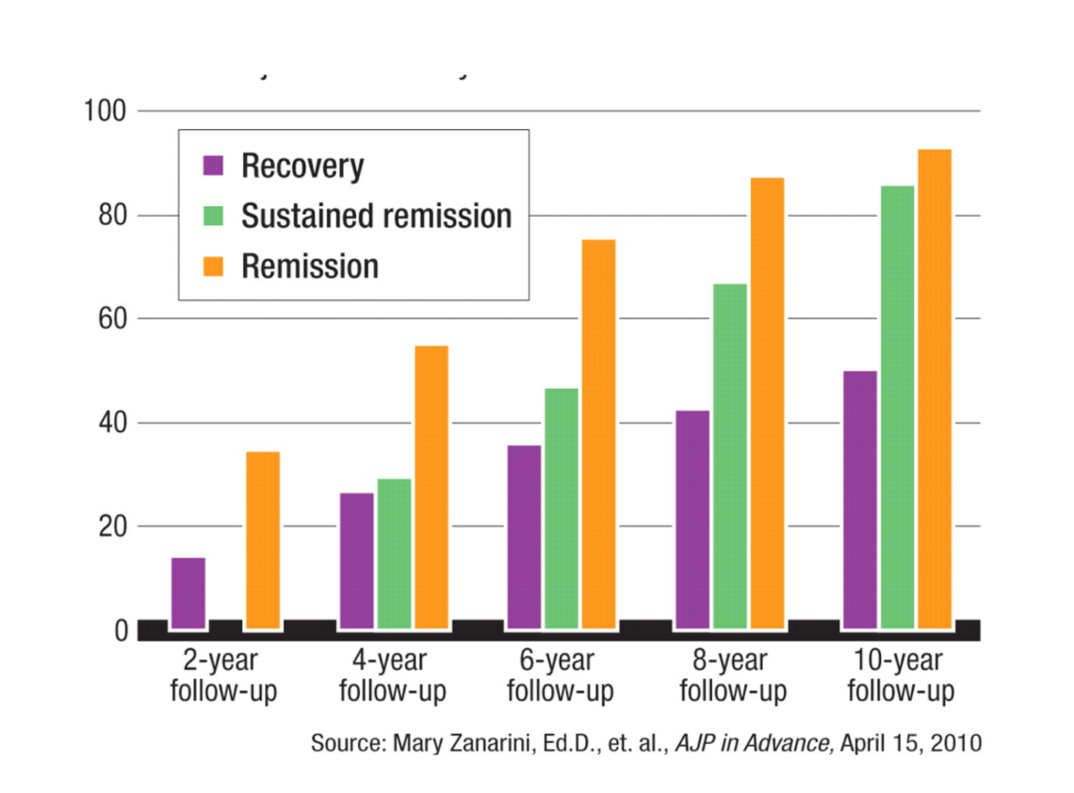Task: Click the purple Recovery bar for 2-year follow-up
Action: tap(188, 593)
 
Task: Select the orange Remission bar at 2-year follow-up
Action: tap(263, 541)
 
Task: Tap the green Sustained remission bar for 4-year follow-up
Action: tap(394, 554)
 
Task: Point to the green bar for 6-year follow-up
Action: tap(561, 509)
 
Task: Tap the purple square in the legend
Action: tap(214, 167)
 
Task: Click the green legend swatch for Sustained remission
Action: tap(214, 217)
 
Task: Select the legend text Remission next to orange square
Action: tap(310, 267)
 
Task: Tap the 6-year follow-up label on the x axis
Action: tap(561, 677)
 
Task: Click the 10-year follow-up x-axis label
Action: tap(901, 677)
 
